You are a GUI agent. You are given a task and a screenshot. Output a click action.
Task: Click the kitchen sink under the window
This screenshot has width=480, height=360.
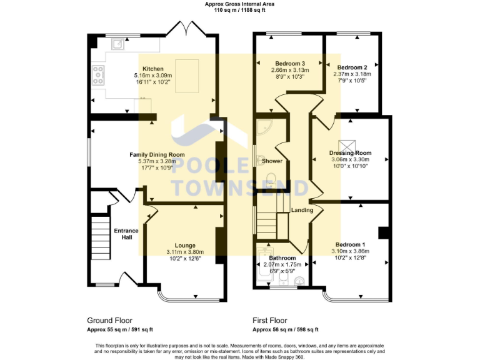(117, 44)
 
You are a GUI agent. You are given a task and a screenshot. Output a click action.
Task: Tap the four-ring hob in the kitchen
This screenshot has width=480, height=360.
(98, 75)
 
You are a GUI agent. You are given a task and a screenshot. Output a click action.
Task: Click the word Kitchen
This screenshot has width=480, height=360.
(153, 69)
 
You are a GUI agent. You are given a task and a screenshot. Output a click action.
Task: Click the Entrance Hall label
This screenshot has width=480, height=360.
(126, 234)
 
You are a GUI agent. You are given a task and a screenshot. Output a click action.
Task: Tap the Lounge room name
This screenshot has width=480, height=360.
(185, 245)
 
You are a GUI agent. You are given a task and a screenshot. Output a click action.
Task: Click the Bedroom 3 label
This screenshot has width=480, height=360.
(290, 63)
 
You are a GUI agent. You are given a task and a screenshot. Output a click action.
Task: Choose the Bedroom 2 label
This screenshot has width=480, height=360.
(351, 67)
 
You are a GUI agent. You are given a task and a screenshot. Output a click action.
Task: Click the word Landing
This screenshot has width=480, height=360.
(302, 210)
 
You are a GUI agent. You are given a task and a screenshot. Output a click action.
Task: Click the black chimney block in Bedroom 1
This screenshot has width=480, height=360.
(384, 232)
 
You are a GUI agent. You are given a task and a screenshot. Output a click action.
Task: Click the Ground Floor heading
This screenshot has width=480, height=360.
(109, 320)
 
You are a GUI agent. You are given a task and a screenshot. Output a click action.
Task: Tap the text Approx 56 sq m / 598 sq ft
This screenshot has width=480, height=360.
(285, 329)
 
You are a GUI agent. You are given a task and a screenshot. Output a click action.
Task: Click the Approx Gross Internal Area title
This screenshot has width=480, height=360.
(239, 4)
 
